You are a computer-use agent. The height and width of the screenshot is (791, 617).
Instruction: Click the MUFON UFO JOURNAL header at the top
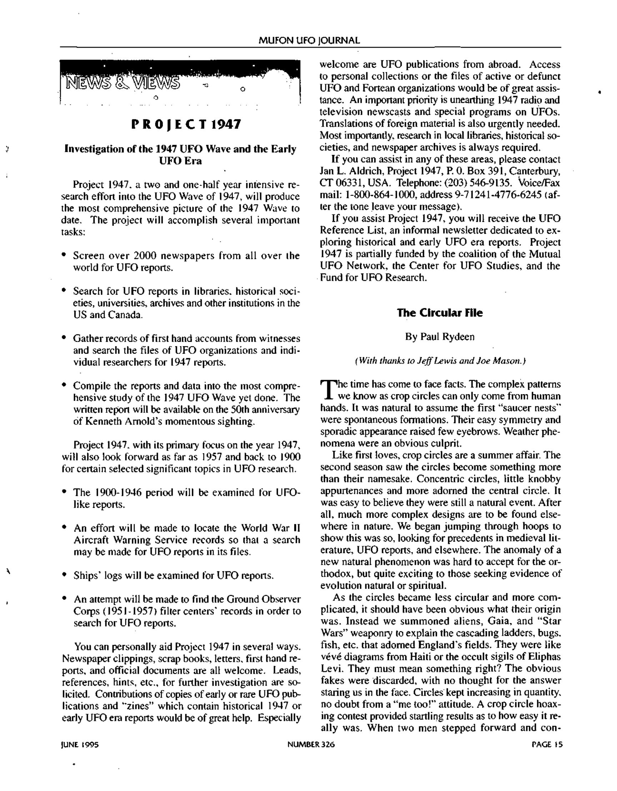pos(309,41)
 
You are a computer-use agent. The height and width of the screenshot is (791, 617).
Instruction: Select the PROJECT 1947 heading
pos(186,125)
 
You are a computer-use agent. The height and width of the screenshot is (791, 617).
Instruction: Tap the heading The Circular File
pos(440,313)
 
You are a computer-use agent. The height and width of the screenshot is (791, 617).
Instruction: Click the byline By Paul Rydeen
pos(440,337)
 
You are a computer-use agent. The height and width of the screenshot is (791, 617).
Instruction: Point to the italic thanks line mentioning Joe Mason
pos(440,361)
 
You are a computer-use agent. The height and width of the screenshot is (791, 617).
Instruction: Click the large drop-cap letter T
pos(327,389)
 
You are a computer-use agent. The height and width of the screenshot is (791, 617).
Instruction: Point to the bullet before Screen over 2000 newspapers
pos(64,255)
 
